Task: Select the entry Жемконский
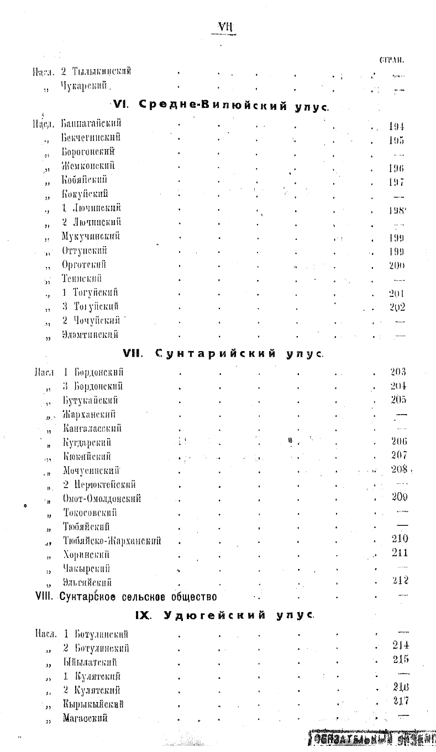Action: (88, 165)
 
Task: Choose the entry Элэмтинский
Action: (90, 335)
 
